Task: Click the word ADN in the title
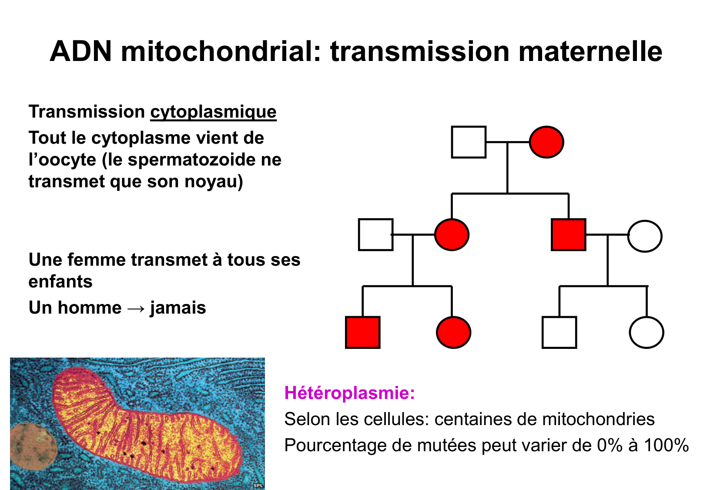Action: tap(81, 51)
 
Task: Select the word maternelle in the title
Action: tap(590, 51)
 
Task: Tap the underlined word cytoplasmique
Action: tap(213, 112)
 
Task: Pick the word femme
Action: tap(97, 260)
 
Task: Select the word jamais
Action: tap(178, 308)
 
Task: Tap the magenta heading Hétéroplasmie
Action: tap(349, 393)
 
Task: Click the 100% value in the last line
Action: tap(666, 446)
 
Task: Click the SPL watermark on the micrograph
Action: tap(258, 485)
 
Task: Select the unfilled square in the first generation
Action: tap(469, 142)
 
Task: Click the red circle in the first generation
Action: tap(546, 142)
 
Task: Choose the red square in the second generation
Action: tap(569, 235)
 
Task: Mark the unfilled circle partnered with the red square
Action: tap(645, 236)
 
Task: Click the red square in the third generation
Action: tap(363, 332)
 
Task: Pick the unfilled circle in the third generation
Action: tap(647, 332)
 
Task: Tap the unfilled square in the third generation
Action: tap(560, 332)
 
